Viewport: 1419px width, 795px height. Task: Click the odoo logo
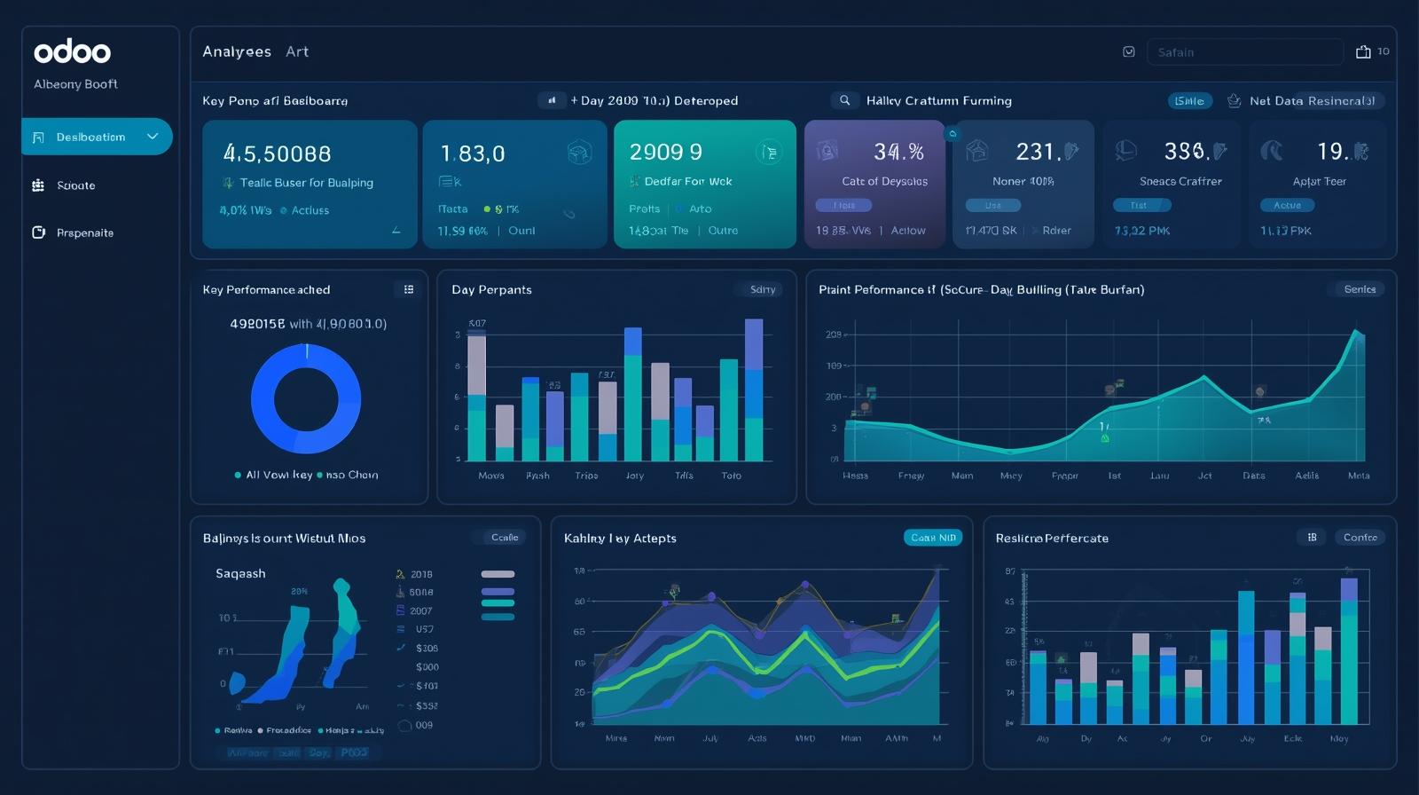(x=72, y=51)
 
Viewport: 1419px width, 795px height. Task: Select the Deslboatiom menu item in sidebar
(x=91, y=137)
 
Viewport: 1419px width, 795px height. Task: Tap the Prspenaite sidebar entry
(x=84, y=232)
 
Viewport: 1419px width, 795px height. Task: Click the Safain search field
(x=1243, y=52)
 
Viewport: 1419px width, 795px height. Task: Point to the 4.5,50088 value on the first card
(x=277, y=153)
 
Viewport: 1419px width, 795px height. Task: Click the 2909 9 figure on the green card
(x=665, y=153)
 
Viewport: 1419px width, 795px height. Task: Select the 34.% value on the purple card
(x=898, y=153)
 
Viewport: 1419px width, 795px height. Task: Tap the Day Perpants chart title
(x=491, y=290)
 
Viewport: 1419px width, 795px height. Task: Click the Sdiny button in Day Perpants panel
(x=762, y=289)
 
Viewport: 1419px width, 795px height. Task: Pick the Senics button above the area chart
(x=1359, y=289)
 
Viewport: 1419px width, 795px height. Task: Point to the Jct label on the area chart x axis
(x=1204, y=476)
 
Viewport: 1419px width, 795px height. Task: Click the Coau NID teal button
(x=933, y=538)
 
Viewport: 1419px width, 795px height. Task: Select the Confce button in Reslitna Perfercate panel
(x=1360, y=538)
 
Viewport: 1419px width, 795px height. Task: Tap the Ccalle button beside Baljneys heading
(x=505, y=538)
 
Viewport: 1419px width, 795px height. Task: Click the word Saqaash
(x=240, y=574)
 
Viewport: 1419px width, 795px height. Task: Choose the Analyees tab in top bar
(x=237, y=51)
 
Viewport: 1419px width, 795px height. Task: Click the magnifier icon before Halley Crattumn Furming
(x=844, y=100)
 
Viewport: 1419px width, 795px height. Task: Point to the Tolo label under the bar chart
(x=731, y=476)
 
